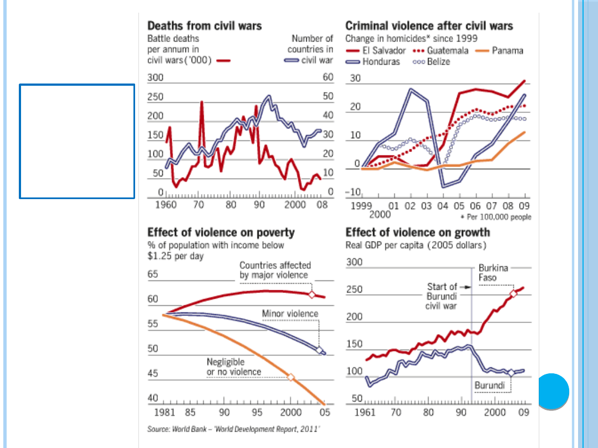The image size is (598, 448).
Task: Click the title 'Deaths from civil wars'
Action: tap(204, 25)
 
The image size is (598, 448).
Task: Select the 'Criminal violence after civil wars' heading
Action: tap(429, 25)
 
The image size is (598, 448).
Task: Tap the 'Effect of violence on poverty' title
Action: tap(221, 232)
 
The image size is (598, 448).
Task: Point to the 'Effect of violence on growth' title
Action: tap(417, 232)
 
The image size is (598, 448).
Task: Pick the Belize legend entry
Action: tap(431, 61)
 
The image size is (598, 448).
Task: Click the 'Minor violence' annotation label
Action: tap(290, 314)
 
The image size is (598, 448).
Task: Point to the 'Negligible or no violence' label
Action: tap(234, 367)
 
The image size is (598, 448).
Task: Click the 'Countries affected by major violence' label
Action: tap(275, 270)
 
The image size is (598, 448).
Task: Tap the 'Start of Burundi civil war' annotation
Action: tap(442, 296)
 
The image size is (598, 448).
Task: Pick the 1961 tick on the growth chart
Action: tap(364, 412)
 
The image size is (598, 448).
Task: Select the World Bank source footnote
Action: tap(234, 429)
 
